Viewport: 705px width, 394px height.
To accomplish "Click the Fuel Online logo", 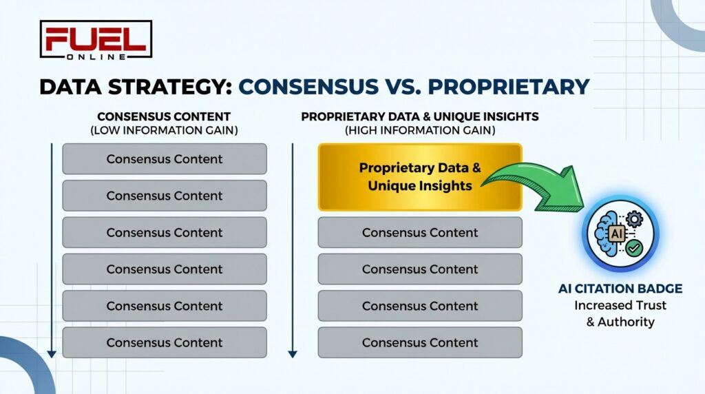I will coord(96,39).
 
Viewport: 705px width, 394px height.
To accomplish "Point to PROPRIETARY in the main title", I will coord(505,87).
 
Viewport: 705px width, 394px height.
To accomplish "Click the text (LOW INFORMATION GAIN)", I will coord(164,129).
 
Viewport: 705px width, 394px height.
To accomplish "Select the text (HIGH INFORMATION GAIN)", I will coord(419,129).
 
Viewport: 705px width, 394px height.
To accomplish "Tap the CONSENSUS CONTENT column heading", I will coord(164,117).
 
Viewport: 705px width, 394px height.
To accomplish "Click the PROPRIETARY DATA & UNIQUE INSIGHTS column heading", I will coord(419,117).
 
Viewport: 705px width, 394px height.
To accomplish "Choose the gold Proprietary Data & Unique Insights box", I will coord(419,176).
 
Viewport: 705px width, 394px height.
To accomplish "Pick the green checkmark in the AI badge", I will coord(633,245).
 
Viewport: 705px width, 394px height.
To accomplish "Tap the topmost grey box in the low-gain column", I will coord(164,159).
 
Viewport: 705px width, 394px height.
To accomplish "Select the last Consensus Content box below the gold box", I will coord(419,342).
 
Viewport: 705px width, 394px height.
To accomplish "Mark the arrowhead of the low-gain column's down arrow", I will coord(51,353).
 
